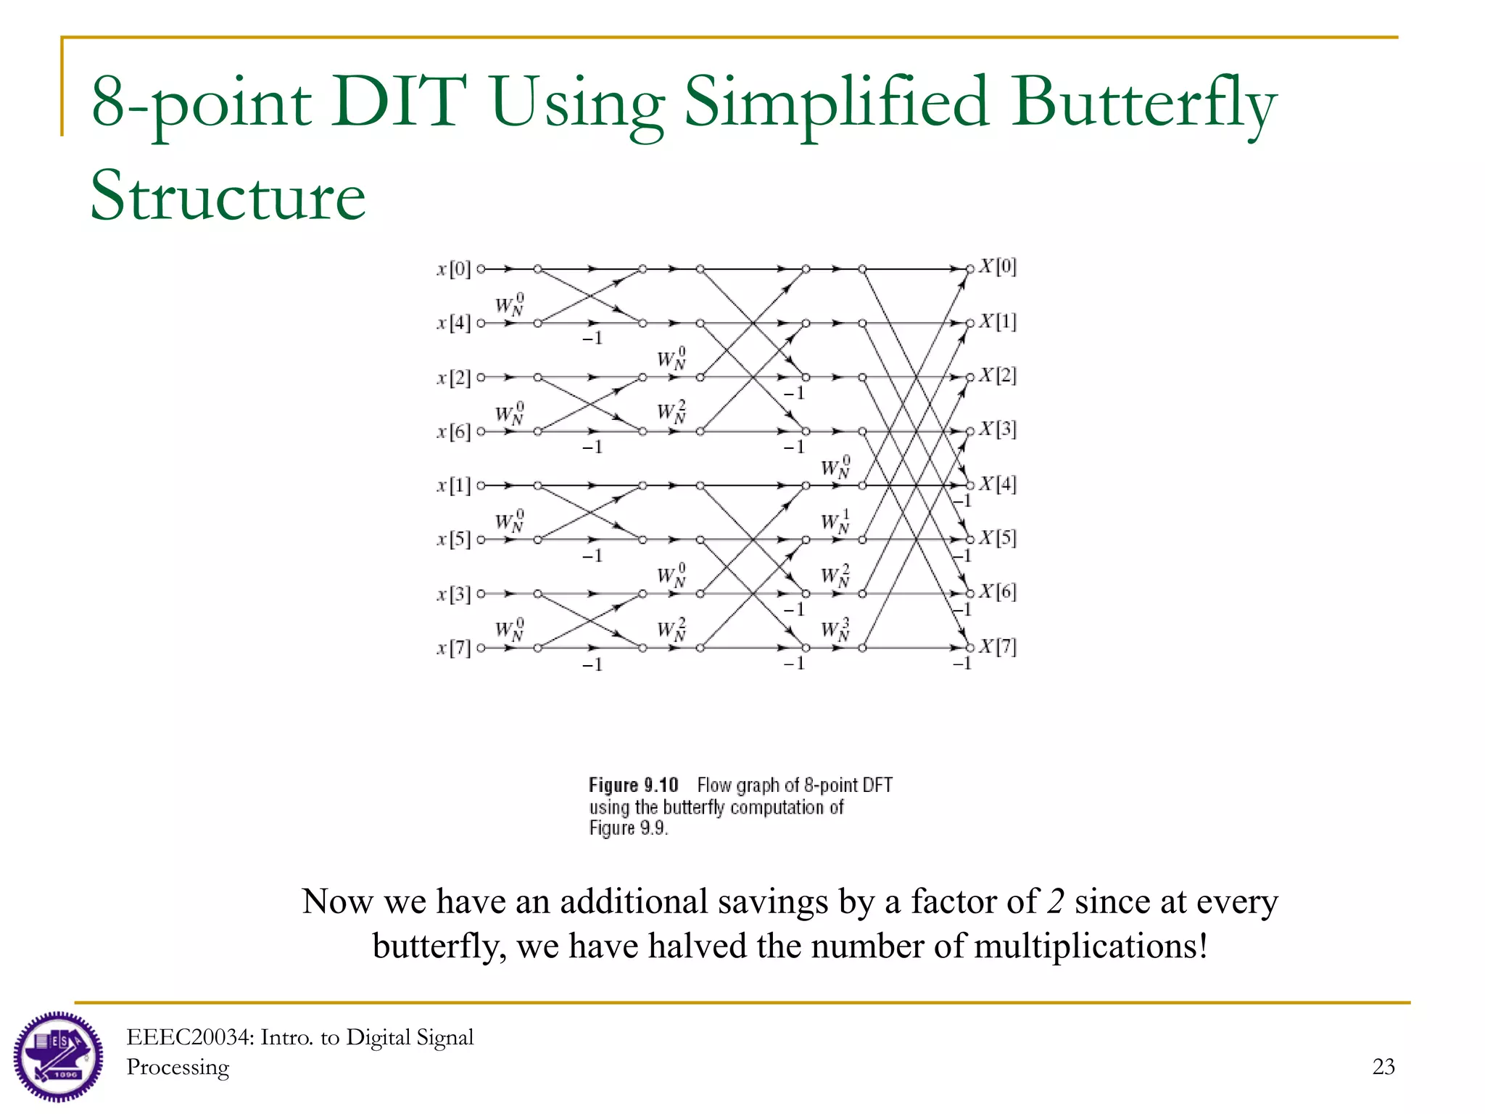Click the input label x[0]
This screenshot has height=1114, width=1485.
coord(454,270)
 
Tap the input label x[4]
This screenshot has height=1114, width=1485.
coord(454,323)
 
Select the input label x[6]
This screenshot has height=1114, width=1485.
coord(454,432)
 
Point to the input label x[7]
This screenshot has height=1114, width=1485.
coord(454,648)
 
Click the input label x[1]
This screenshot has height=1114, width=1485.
coord(454,486)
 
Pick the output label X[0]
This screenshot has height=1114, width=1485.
coord(998,267)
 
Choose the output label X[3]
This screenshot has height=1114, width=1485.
coord(998,429)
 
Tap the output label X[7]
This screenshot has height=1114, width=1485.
coord(998,646)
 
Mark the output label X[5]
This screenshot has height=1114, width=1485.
coord(998,538)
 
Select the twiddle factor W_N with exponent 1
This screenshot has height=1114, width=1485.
coord(835,521)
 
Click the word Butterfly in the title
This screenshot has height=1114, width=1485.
coord(1144,104)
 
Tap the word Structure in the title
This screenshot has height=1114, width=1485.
coord(228,196)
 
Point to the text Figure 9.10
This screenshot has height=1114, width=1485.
coord(633,785)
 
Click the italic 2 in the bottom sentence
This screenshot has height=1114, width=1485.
coord(1056,901)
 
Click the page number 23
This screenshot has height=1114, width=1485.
coord(1383,1067)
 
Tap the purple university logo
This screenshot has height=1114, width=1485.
coord(58,1056)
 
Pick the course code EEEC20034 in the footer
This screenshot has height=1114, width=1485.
coord(190,1038)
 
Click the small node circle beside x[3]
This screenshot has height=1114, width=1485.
coord(481,594)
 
